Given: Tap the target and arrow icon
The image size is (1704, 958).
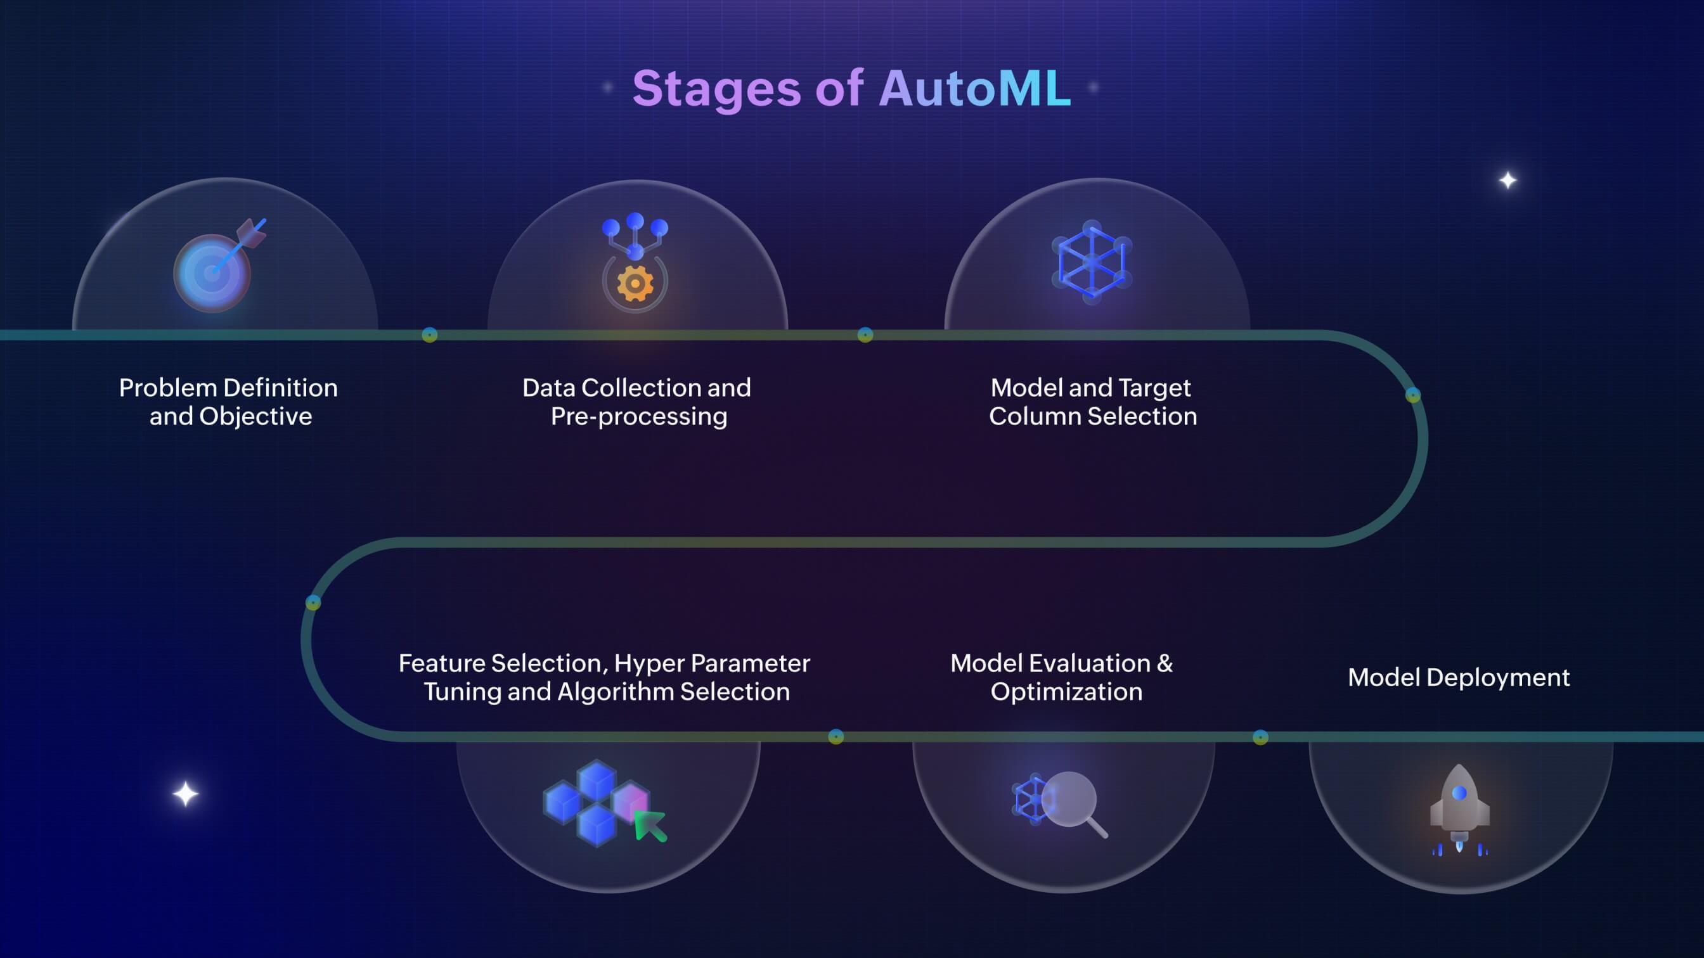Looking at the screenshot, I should pyautogui.click(x=217, y=265).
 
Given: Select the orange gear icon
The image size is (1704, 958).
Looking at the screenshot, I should pyautogui.click(x=635, y=284).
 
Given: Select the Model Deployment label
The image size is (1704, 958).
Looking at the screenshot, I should pyautogui.click(x=1459, y=678).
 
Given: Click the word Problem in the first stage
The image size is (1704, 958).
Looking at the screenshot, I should pyautogui.click(x=168, y=388).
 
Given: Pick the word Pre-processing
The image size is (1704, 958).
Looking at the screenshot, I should pyautogui.click(x=639, y=416).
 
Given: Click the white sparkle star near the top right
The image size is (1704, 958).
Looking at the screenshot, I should pyautogui.click(x=1507, y=180).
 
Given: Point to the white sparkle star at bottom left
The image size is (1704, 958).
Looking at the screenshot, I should pyautogui.click(x=186, y=794).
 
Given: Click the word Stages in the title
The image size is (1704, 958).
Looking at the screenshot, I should pyautogui.click(x=716, y=88).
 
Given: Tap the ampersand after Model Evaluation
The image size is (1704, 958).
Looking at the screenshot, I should pyautogui.click(x=1165, y=663).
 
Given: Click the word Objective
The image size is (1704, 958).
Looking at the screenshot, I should pyautogui.click(x=255, y=416).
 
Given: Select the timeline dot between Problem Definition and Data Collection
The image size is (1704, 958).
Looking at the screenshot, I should pyautogui.click(x=429, y=335).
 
